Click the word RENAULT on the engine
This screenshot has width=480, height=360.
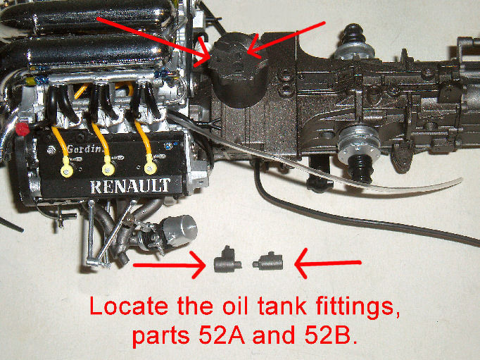point(130,186)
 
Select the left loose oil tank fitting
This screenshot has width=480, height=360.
point(227,260)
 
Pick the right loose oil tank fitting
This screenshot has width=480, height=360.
point(268,261)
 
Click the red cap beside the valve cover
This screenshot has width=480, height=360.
point(23,129)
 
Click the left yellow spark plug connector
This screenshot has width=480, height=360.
point(67,170)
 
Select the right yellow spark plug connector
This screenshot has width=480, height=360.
point(150,168)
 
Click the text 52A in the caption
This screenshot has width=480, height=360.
point(221,335)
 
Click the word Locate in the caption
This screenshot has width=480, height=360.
point(129,306)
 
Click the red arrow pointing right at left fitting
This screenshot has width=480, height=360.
point(170,265)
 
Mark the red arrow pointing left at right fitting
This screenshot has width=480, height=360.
point(327,263)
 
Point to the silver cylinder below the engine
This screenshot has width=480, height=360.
point(179,229)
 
